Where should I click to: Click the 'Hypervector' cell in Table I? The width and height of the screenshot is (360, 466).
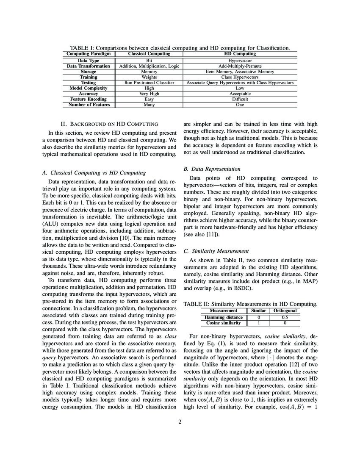[x=240, y=61]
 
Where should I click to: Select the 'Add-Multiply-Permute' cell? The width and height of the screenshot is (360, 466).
[x=240, y=67]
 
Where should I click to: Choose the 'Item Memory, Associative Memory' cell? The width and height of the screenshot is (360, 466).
[x=240, y=72]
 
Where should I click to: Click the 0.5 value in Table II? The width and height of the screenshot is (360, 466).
[x=285, y=317]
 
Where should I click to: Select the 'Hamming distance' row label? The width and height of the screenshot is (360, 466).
[x=224, y=317]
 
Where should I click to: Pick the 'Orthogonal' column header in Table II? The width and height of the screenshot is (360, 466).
[x=285, y=311]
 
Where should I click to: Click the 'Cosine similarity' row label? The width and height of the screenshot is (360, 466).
[x=224, y=323]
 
